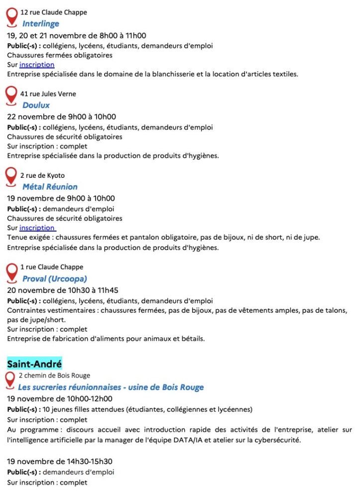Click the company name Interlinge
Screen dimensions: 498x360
[41, 23]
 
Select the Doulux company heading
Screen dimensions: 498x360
[36, 105]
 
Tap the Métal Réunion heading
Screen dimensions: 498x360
[50, 187]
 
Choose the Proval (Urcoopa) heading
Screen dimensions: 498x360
[55, 279]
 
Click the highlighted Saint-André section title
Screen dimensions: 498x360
[34, 364]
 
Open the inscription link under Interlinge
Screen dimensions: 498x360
[37, 65]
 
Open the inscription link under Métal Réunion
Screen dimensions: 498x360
[37, 228]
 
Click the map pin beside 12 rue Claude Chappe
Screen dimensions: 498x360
[11, 16]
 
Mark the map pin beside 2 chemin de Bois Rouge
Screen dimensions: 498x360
[10, 379]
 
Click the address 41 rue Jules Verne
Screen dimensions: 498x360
[48, 94]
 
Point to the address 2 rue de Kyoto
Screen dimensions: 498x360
[42, 175]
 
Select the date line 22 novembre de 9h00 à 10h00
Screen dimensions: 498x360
[61, 117]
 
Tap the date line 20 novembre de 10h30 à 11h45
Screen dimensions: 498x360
[63, 290]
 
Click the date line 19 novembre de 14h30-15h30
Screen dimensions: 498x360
[60, 462]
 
